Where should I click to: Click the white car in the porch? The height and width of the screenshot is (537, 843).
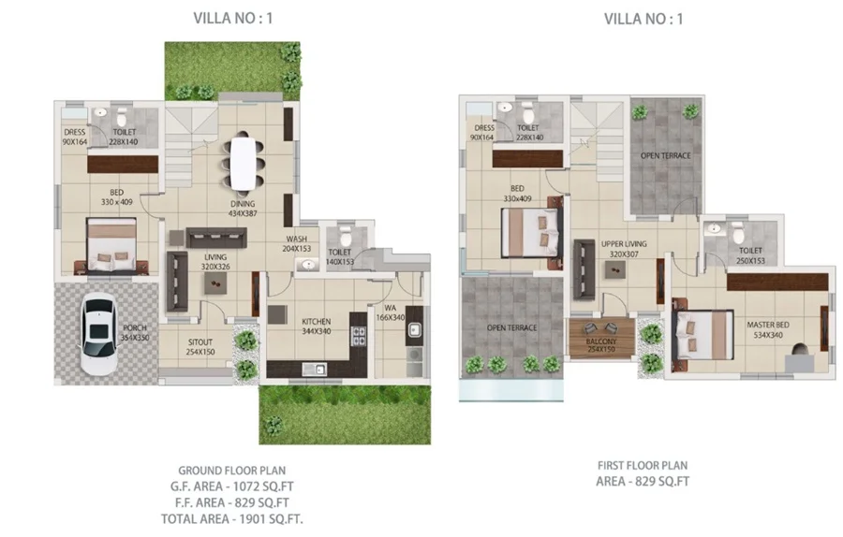click(x=98, y=333)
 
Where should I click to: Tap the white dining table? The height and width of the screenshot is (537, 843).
click(x=243, y=163)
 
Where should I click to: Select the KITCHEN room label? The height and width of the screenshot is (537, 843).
click(x=317, y=321)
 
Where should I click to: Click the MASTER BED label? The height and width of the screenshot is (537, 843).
click(x=768, y=325)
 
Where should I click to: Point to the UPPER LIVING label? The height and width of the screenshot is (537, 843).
click(x=624, y=244)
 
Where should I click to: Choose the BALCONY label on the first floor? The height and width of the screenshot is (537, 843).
click(x=601, y=341)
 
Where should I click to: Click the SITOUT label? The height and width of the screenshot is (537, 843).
click(x=200, y=342)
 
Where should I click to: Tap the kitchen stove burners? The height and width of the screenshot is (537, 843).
click(x=359, y=336)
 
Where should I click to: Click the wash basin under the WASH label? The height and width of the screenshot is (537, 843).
click(x=307, y=265)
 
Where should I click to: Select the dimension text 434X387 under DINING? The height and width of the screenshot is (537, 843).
click(x=243, y=213)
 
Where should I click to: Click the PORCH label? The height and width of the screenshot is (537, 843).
click(x=134, y=327)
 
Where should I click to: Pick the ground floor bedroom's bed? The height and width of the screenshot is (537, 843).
click(x=111, y=245)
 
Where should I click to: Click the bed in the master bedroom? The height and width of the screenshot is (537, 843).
click(x=703, y=336)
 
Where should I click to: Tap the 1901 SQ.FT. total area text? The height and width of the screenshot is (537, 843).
click(x=271, y=519)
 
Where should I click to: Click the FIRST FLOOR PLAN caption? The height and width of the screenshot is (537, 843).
click(x=643, y=466)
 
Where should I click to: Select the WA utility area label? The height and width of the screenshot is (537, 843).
click(x=391, y=308)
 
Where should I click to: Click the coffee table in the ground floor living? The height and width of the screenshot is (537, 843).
click(x=215, y=283)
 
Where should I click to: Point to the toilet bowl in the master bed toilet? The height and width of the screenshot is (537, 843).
click(x=739, y=234)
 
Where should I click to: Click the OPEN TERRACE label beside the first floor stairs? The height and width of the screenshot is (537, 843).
click(x=666, y=155)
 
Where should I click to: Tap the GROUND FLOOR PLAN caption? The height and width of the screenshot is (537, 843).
click(x=231, y=471)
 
